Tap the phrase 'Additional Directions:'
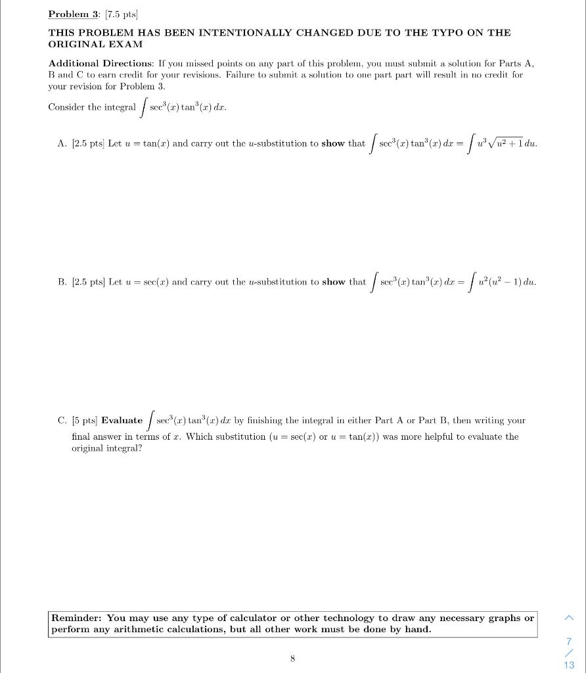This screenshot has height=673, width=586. coord(101,63)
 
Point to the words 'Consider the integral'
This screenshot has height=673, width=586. coord(92,107)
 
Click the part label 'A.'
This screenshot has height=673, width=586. coord(62,143)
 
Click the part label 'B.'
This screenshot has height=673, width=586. coord(62,282)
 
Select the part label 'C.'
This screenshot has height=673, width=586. coord(62,420)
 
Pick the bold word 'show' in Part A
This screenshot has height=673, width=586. coord(333,143)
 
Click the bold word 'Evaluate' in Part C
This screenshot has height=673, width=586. coord(122,420)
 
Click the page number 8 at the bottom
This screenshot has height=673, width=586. coord(292,657)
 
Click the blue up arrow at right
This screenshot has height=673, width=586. coord(569,618)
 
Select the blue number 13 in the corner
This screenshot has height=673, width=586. coord(569,664)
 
